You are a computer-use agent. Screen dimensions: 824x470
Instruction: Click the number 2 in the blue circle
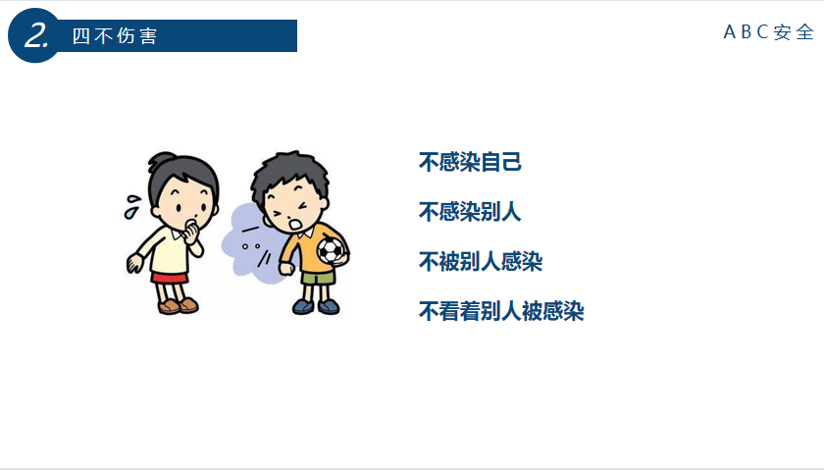pos(36,35)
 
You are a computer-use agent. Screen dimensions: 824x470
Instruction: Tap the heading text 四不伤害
pos(115,35)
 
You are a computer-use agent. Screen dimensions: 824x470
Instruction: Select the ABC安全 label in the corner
pos(769,32)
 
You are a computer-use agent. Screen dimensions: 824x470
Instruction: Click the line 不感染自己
pos(470,162)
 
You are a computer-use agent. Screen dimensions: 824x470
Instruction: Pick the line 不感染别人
pos(470,212)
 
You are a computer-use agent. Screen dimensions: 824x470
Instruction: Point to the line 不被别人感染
pos(481,261)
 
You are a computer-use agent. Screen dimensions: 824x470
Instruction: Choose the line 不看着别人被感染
pos(501,311)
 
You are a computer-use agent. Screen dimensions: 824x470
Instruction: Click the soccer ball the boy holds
pos(332,250)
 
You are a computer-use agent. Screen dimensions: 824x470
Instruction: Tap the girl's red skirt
pos(169,278)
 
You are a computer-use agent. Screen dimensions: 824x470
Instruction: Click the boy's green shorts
pos(318,277)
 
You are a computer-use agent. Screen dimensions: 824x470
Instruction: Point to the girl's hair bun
pos(161,159)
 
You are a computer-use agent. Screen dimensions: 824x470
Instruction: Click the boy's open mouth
pos(295,225)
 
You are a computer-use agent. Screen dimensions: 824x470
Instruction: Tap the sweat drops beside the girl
pos(131,207)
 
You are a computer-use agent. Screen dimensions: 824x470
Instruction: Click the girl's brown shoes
pos(179,305)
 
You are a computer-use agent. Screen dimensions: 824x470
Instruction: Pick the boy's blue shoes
pos(316,306)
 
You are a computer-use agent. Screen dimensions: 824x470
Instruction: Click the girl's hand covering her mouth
pos(191,231)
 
